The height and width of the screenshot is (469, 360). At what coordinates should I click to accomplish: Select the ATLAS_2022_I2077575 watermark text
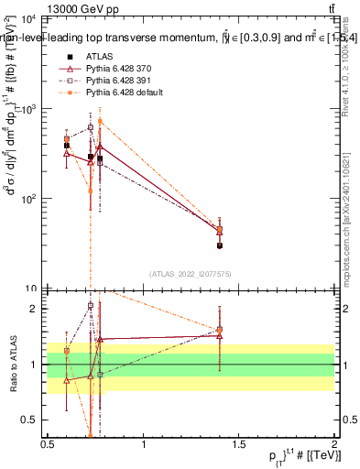(191, 273)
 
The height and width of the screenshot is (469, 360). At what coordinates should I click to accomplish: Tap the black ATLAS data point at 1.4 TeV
(220, 245)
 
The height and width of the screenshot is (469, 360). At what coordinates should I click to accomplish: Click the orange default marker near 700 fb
(100, 121)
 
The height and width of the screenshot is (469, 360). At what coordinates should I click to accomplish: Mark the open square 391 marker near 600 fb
(90, 127)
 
